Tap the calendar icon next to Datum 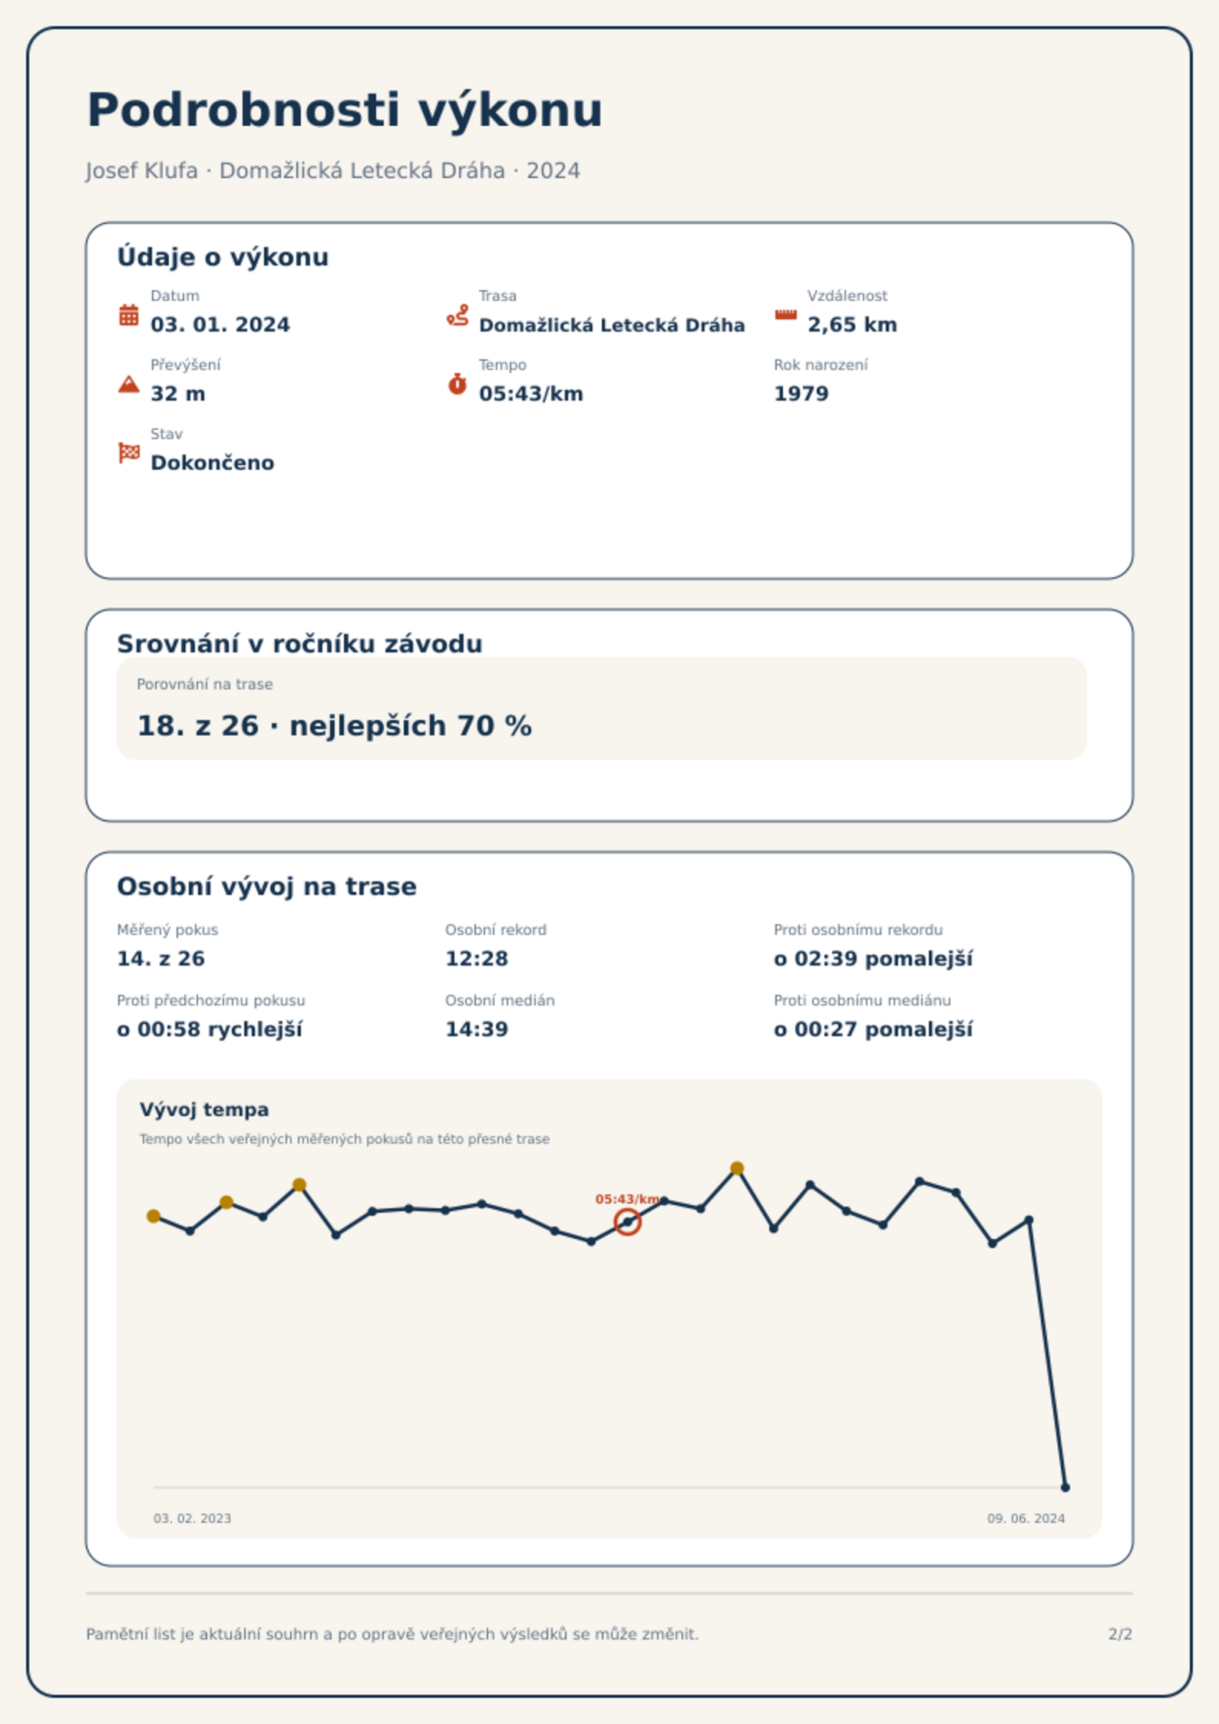coord(129,315)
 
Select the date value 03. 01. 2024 coord(220,325)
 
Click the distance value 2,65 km coord(852,325)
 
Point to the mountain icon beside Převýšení coord(129,384)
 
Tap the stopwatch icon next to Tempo coord(458,384)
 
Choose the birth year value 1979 coord(801,394)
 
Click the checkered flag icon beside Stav coord(129,453)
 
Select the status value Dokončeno coord(213,463)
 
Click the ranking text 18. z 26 coord(198,726)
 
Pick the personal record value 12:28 coord(477,959)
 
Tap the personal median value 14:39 coord(477,1029)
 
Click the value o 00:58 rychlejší coord(210,1029)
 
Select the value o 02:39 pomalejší coord(874,959)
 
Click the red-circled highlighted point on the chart coord(627,1222)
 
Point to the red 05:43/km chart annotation coord(627,1199)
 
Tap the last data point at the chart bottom coord(1065,1488)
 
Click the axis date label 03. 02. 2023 coord(192,1518)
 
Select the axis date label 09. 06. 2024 coord(1026,1518)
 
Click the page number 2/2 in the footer coord(1120,1634)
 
